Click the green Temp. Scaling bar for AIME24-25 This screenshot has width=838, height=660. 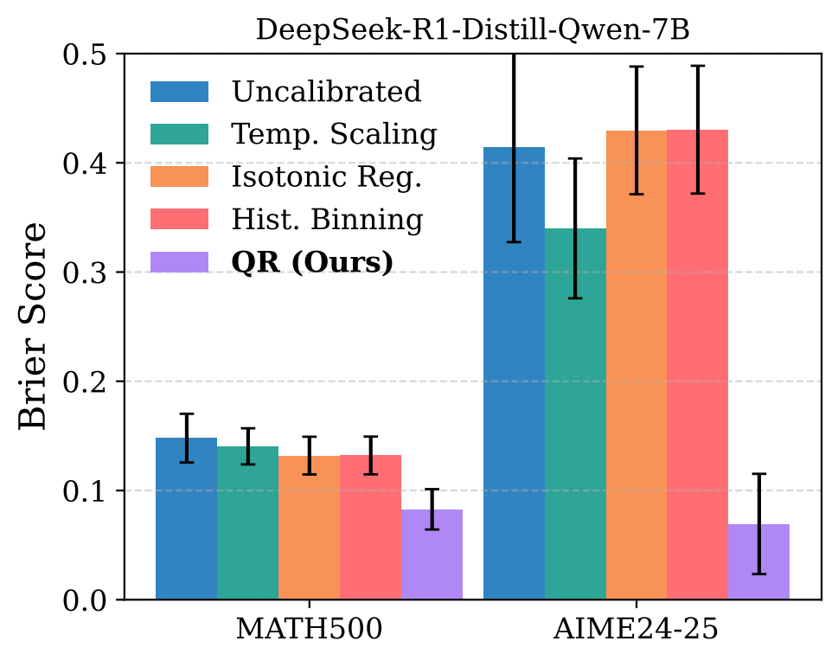point(575,433)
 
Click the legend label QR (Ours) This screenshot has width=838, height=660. point(312,262)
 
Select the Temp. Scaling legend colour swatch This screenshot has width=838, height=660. point(180,134)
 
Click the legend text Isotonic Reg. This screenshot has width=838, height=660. point(326,176)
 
